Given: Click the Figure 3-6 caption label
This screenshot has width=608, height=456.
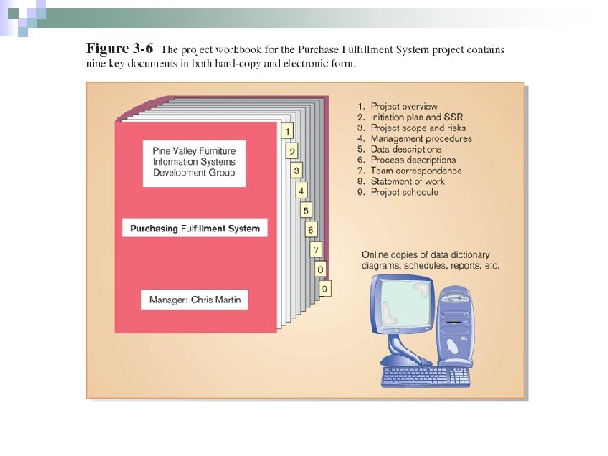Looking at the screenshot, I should click(x=120, y=49).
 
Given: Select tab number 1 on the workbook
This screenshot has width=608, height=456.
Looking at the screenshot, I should click(x=288, y=131).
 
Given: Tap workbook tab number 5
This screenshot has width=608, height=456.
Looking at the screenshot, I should click(x=306, y=209).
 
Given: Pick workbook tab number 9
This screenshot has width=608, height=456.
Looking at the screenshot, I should click(x=325, y=289).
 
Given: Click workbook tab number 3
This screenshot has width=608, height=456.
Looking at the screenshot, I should click(x=296, y=171).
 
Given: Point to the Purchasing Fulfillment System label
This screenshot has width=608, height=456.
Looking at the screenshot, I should click(x=194, y=228).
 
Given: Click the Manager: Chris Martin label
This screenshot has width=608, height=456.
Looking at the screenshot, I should click(x=194, y=300).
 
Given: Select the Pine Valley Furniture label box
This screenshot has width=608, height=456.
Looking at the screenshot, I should click(x=194, y=161).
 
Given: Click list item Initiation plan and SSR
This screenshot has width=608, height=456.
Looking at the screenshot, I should click(x=410, y=117).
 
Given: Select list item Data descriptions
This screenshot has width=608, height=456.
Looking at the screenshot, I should click(x=404, y=149).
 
